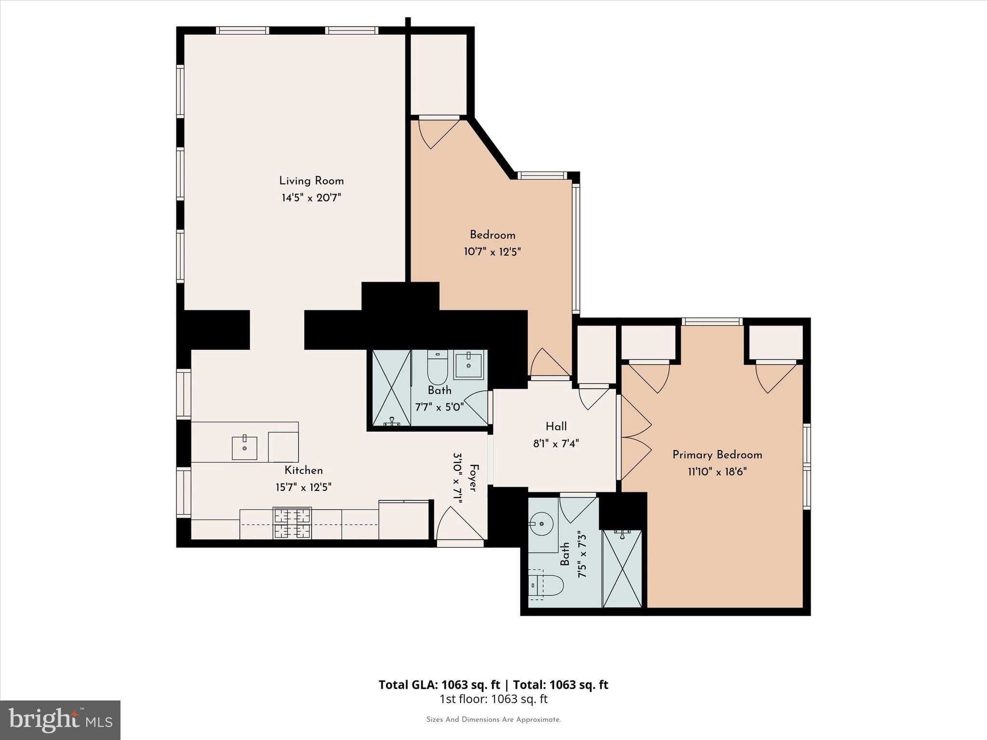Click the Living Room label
311,181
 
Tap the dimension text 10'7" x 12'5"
492,252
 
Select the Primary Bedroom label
717,455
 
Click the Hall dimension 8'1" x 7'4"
556,444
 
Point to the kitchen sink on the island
244,448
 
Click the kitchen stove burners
292,523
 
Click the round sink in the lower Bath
541,524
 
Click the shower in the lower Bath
622,569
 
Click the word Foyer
474,478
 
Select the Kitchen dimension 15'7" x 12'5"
304,488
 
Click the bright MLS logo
60,720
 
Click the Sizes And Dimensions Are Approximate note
493,720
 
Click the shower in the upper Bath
391,388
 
